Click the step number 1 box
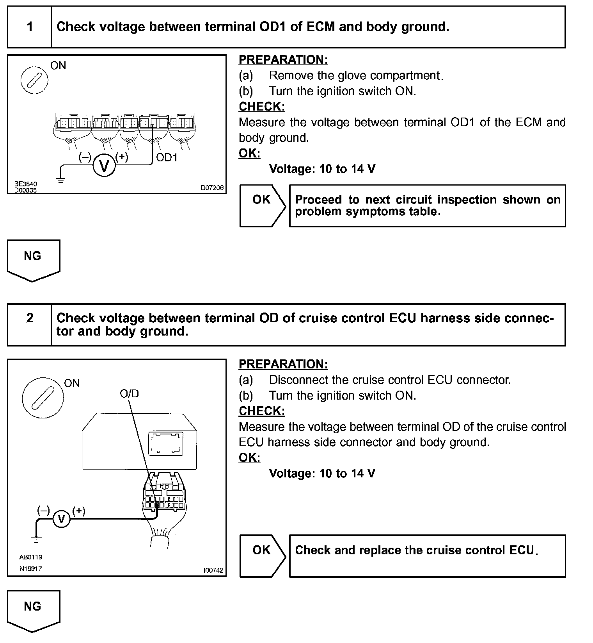[x=30, y=27]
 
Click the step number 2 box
[x=30, y=324]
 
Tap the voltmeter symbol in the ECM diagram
[x=104, y=166]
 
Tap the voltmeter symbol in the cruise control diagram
[x=61, y=519]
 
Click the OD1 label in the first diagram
[x=167, y=157]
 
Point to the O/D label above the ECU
[x=129, y=393]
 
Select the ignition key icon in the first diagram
[x=34, y=80]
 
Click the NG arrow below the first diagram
[x=33, y=260]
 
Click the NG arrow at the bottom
[x=33, y=610]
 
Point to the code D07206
[x=212, y=188]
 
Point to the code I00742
[x=213, y=570]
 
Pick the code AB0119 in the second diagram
[x=31, y=557]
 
